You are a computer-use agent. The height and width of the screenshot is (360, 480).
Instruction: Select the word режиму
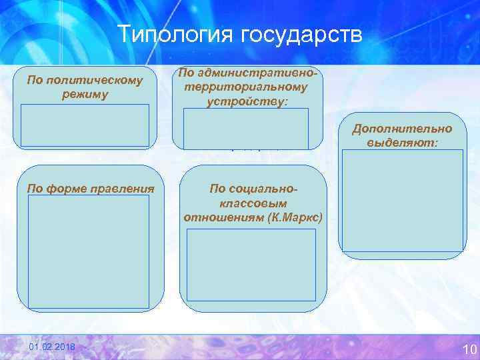tap(84, 94)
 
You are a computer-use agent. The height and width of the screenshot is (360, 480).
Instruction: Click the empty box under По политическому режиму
tap(85, 125)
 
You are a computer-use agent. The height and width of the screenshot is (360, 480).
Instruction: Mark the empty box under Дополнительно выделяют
tap(402, 200)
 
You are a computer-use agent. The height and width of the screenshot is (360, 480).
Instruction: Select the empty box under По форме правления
tap(88, 251)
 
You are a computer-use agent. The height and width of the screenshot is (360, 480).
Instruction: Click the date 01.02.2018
tap(53, 349)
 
